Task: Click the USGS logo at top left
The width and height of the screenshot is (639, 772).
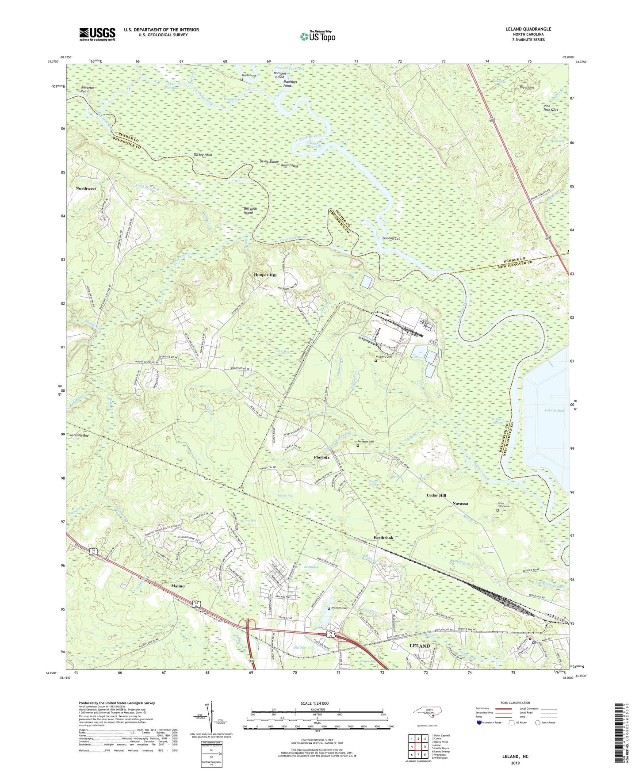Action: click(97, 34)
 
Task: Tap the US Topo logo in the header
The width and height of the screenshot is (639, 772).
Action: click(317, 36)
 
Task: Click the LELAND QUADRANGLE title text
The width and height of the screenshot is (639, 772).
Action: click(528, 29)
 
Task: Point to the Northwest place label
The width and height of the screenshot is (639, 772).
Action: click(86, 188)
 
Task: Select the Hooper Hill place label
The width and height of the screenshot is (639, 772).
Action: click(265, 275)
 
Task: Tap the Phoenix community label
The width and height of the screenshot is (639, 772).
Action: click(322, 457)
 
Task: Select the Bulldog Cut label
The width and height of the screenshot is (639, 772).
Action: click(391, 238)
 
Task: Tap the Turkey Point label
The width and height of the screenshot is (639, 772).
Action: click(203, 155)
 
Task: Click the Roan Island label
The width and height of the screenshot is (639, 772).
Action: click(290, 165)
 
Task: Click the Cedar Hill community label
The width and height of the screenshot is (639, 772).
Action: click(436, 495)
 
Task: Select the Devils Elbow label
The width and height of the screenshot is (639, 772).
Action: click(269, 162)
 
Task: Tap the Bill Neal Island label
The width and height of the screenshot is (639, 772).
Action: click(249, 210)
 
